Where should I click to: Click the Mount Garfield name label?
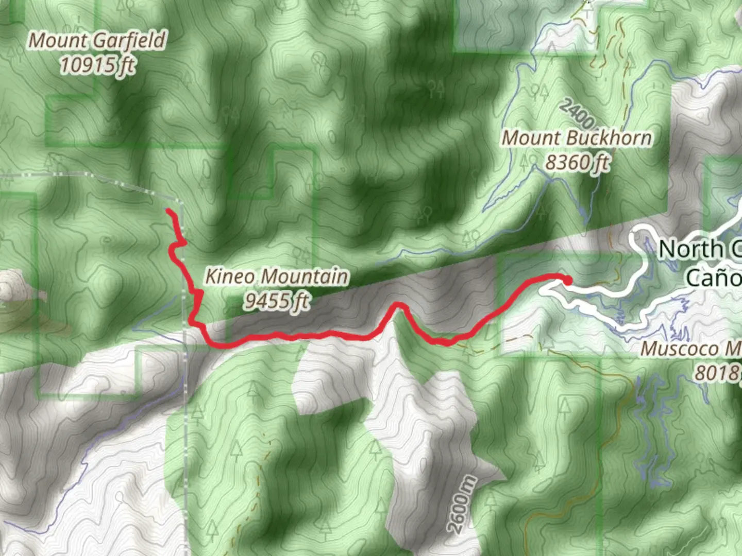[x=97, y=40]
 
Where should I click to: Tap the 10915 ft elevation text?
[x=97, y=65]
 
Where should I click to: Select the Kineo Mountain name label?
[x=277, y=276]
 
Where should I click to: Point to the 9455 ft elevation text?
[x=277, y=301]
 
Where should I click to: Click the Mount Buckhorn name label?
[x=577, y=138]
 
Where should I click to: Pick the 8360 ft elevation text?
[x=577, y=162]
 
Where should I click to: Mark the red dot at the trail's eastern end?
[x=567, y=281]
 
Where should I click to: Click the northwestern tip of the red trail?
[x=169, y=211]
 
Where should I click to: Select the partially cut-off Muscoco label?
[x=690, y=349]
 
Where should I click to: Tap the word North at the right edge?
[x=691, y=250]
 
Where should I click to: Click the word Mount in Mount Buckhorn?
[x=524, y=138]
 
